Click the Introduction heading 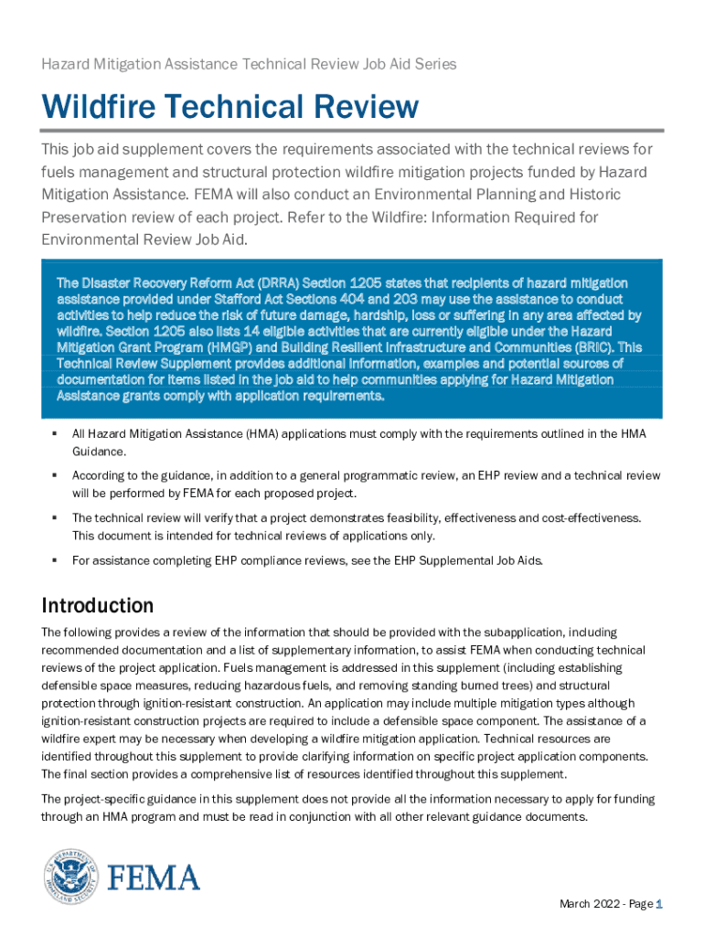pyautogui.click(x=98, y=605)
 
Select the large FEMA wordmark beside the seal pyautogui.click(x=154, y=878)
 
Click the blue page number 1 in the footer pyautogui.click(x=659, y=904)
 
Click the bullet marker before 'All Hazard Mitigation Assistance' pyautogui.click(x=57, y=433)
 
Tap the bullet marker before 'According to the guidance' pyautogui.click(x=57, y=475)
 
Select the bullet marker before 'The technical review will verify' pyautogui.click(x=57, y=517)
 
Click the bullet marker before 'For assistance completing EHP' pyautogui.click(x=57, y=559)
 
